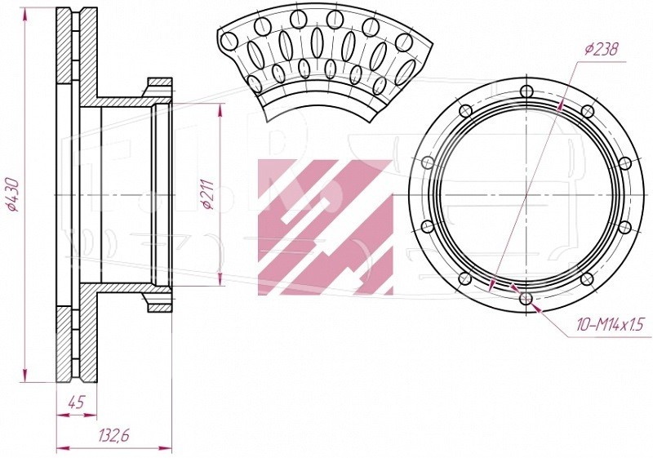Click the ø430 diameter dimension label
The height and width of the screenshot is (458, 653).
pos(14,194)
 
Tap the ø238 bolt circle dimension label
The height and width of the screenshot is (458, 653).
pos(601,49)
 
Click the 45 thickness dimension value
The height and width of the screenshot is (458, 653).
pos(76,402)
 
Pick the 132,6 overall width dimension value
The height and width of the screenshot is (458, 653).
pos(114,435)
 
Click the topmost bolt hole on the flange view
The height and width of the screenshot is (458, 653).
pos(526,91)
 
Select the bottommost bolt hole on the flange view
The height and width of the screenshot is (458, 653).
pos(526,298)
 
